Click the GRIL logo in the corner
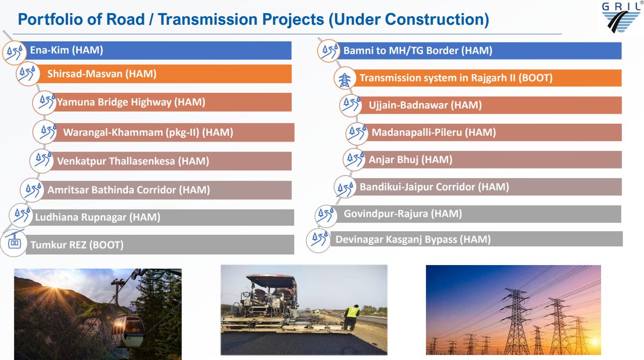pyautogui.click(x=623, y=18)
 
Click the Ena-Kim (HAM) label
pyautogui.click(x=67, y=50)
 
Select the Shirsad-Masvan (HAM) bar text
pyautogui.click(x=101, y=74)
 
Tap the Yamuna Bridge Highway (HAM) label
pyautogui.click(x=131, y=101)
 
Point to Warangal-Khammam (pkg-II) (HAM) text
pyautogui.click(x=148, y=132)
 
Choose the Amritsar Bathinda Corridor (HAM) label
pyautogui.click(x=128, y=189)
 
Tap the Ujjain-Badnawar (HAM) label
pyautogui.click(x=425, y=105)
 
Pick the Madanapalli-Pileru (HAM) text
pyautogui.click(x=434, y=132)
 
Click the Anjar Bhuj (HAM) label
pyautogui.click(x=410, y=159)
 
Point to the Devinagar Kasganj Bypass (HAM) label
pyautogui.click(x=413, y=240)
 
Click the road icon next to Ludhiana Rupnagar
pyautogui.click(x=20, y=215)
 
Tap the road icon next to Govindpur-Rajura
pyautogui.click(x=325, y=214)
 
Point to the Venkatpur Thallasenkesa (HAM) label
pyautogui.click(x=133, y=160)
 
